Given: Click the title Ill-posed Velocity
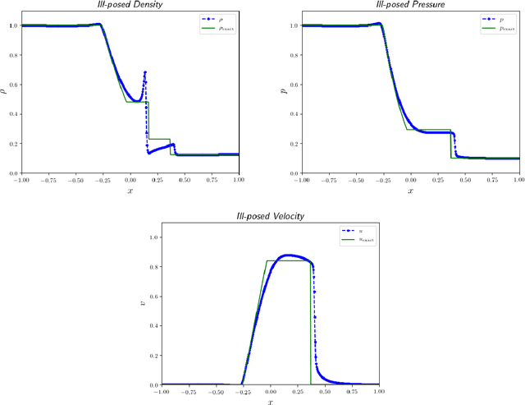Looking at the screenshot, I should (x=271, y=217).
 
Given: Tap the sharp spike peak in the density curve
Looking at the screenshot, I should (x=145, y=72).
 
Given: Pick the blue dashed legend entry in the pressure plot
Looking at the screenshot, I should (x=494, y=16).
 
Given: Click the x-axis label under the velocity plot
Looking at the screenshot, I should (x=271, y=401).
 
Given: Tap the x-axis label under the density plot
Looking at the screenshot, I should (x=130, y=190).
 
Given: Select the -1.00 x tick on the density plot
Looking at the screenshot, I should (x=22, y=180).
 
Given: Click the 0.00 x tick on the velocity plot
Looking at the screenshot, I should (x=271, y=391).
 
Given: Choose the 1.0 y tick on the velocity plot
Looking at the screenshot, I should (x=153, y=237).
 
